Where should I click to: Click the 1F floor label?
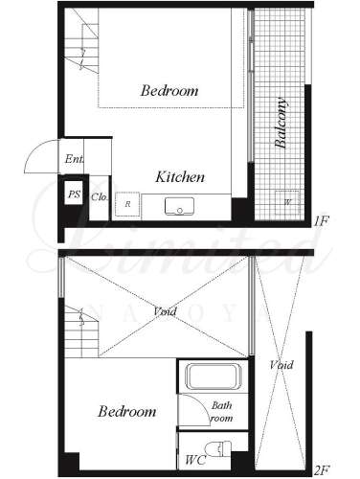pos(321,221)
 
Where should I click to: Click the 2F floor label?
pos(322,470)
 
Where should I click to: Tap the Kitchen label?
pos(180,177)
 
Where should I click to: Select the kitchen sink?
pos(179,206)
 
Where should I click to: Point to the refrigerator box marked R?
pos(127,204)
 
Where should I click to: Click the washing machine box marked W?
pos(287,202)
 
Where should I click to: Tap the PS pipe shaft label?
pos(74,194)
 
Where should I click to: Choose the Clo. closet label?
pos(100,196)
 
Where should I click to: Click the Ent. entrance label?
pos(75,159)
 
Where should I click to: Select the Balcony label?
pos(281,124)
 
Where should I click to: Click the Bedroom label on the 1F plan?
pos(169,91)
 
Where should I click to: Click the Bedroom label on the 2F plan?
pos(127,411)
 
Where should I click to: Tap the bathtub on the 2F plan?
pos(214,376)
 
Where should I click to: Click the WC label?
pos(195,460)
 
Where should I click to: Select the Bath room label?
pos(222,412)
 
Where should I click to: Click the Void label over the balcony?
pos(281,365)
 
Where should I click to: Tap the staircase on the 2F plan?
pos(81,331)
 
